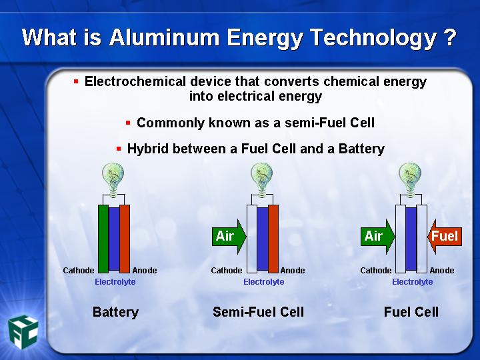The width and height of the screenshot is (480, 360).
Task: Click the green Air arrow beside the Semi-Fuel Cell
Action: pos(229,236)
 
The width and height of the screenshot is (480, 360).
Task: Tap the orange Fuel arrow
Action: pos(445,236)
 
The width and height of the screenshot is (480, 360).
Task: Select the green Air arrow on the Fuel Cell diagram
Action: pos(377,236)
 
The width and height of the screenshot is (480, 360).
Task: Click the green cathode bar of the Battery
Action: pos(103,239)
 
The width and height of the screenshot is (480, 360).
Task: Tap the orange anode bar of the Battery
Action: pos(125,239)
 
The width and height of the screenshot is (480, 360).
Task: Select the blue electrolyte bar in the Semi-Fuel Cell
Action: pos(263,239)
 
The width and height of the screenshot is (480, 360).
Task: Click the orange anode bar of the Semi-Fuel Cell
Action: pos(273,239)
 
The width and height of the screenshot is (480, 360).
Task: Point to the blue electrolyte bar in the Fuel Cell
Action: pos(411,239)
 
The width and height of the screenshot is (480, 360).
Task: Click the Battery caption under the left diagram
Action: pos(115,312)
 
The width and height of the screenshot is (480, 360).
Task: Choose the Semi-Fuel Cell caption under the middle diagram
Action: pos(259,312)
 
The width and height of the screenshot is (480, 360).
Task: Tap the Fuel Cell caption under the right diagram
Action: pos(411,312)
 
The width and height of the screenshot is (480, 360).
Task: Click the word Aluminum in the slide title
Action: pos(164,37)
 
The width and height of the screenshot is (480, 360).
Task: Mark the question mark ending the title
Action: pos(449,37)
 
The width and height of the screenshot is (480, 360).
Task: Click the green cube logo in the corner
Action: pos(23,332)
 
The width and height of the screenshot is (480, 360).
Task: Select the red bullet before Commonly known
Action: pos(128,123)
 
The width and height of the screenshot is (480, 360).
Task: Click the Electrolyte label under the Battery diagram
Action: pos(115,281)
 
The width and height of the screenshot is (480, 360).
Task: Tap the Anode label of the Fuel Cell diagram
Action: pos(442,270)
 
